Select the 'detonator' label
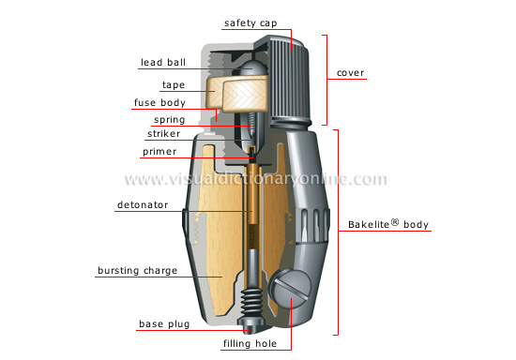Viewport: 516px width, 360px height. (144, 203)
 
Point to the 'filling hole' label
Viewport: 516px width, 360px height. (250, 344)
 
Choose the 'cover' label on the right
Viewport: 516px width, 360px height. (352, 73)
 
